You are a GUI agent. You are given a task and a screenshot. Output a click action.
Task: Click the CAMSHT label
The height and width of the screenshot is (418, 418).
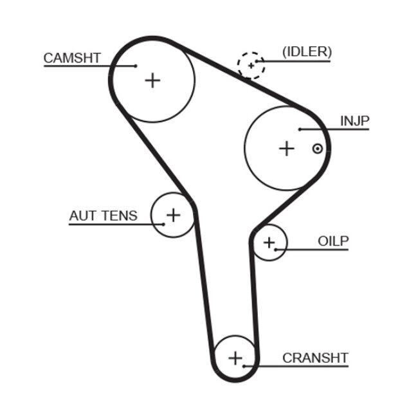click(x=72, y=58)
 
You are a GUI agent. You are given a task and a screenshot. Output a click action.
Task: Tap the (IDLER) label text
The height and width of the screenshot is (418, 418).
click(x=307, y=51)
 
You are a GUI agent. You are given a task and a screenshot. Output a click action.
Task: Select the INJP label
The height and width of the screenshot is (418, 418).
click(x=355, y=120)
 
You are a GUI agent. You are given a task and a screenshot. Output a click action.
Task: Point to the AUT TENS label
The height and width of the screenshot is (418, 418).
click(x=103, y=215)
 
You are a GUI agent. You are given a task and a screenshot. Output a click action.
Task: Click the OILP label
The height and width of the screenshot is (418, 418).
click(x=332, y=241)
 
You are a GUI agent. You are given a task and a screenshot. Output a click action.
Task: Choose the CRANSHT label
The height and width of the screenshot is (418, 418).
click(x=315, y=358)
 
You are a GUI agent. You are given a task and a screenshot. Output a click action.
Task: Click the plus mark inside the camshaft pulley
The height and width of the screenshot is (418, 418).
click(x=152, y=80)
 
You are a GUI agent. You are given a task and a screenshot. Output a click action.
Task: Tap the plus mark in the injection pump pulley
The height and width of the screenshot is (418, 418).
click(x=286, y=149)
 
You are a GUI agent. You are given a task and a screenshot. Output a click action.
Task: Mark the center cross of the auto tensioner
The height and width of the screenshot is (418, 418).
click(x=173, y=214)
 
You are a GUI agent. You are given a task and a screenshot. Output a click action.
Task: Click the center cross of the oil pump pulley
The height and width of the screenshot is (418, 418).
click(x=269, y=242)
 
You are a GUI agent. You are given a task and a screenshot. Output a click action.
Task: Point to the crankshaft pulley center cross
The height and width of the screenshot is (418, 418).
click(x=235, y=357)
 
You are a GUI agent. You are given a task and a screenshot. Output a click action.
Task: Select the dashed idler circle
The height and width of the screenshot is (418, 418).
click(x=250, y=65)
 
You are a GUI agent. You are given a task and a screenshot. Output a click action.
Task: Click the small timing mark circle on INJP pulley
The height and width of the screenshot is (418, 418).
click(x=317, y=149)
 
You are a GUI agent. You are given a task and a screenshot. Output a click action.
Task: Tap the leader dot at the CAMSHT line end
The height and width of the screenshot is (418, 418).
click(x=136, y=66)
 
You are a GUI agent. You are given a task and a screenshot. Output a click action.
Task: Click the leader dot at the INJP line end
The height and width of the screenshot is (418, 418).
click(x=300, y=130)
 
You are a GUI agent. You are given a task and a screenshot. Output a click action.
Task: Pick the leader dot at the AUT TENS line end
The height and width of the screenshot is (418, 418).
click(x=164, y=224)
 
